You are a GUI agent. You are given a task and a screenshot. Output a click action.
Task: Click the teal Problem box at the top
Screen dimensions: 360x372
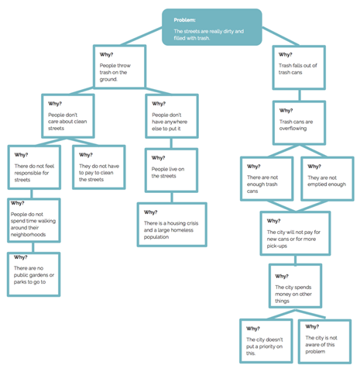[212, 27]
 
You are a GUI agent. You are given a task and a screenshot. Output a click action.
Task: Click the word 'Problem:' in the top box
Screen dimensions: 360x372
[184, 20]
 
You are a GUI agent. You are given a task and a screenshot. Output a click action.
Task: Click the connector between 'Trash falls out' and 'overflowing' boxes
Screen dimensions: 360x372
[300, 95]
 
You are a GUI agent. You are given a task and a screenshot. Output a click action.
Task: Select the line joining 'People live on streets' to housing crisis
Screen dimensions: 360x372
[172, 198]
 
